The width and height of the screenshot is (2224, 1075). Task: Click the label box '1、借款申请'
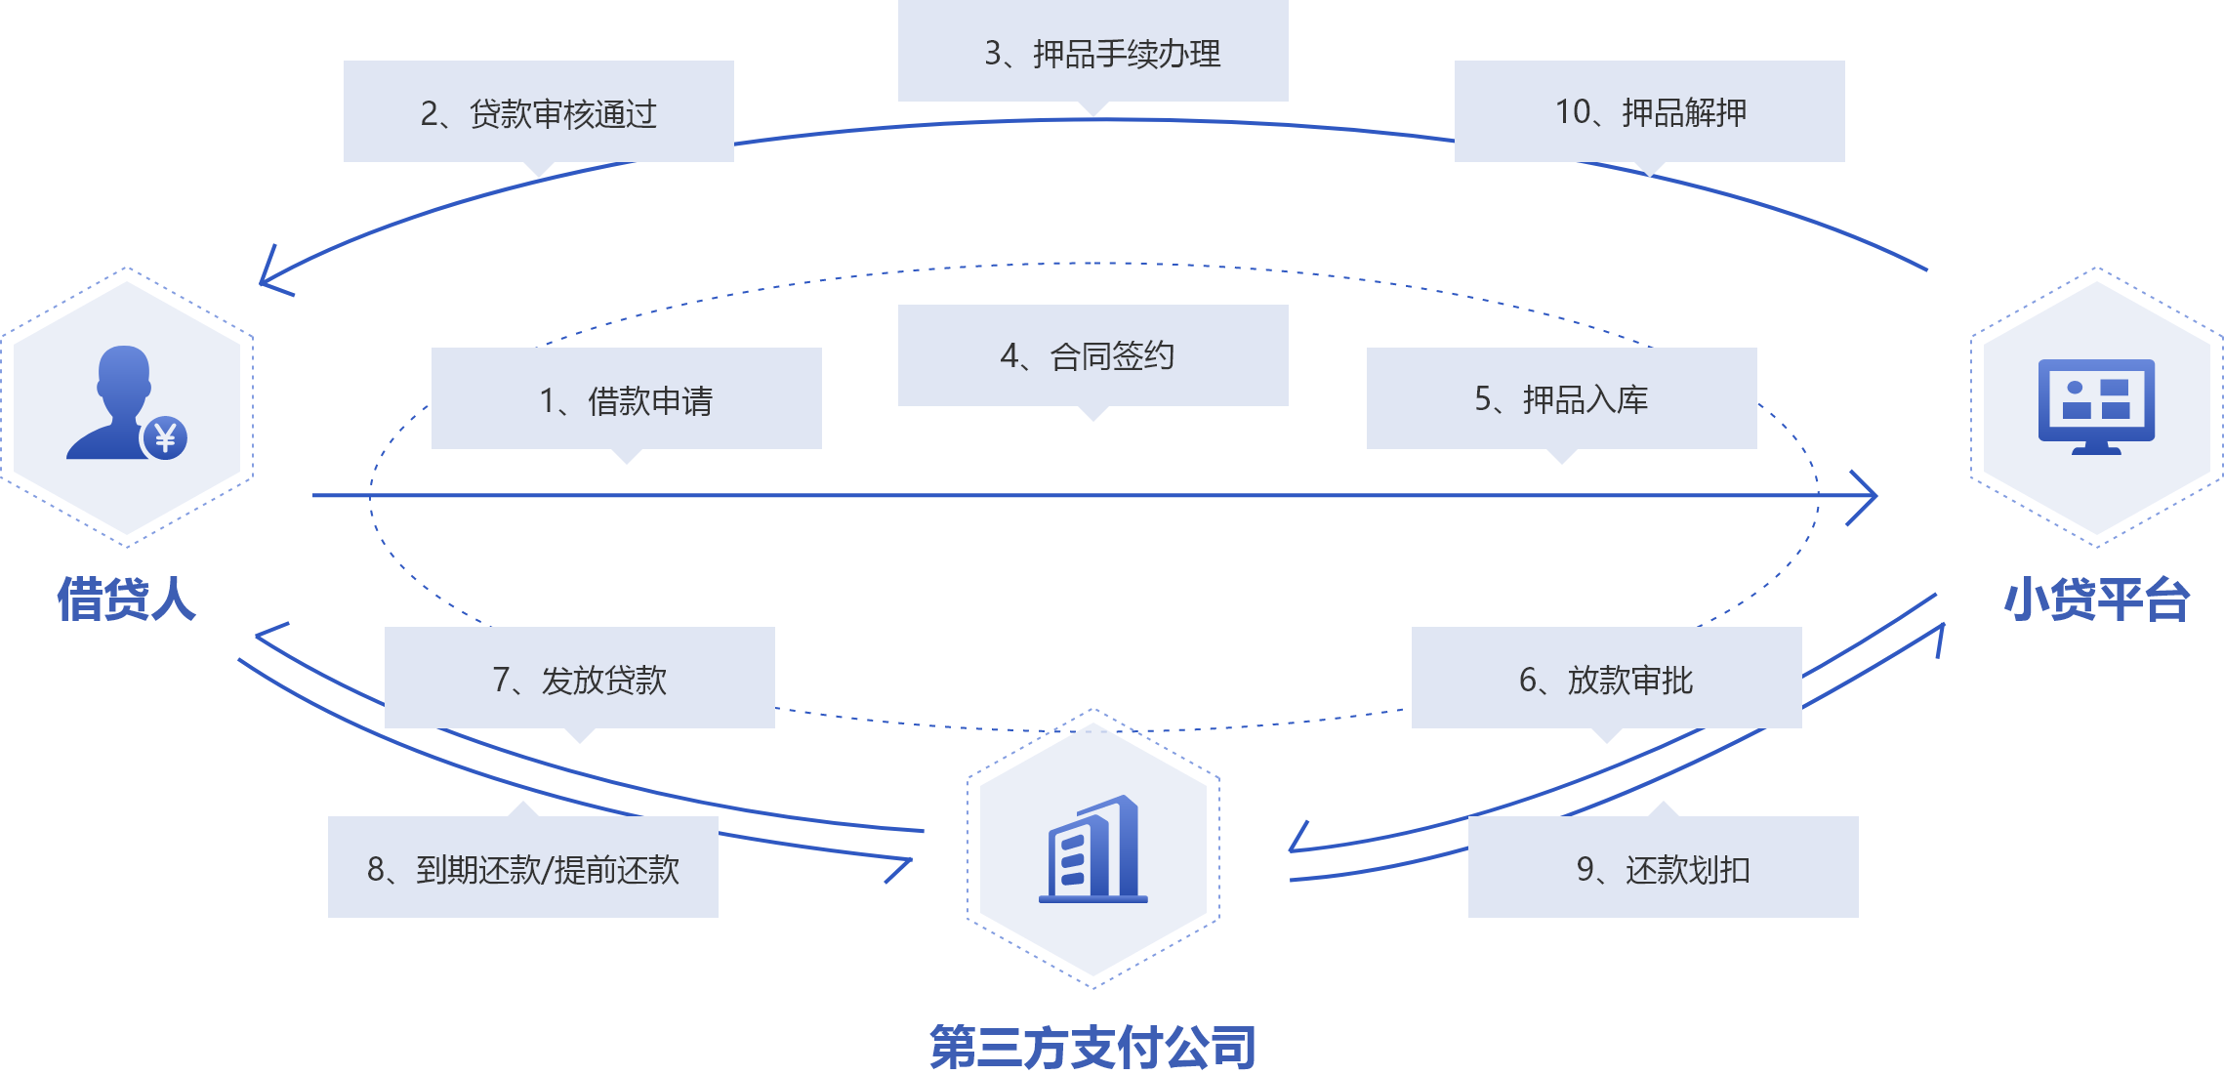pos(626,399)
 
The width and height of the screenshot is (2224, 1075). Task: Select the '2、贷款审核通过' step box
pos(538,112)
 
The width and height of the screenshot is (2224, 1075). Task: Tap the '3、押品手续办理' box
pos(1092,52)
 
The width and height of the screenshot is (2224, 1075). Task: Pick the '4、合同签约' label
pos(1092,355)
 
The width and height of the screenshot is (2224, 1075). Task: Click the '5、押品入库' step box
pos(1561,398)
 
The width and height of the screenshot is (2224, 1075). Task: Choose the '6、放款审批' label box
pos(1606,678)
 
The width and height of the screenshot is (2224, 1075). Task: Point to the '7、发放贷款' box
pos(579,678)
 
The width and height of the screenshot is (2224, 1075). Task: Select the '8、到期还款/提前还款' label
pos(522,867)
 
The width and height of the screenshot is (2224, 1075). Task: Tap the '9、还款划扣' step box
pos(1663,867)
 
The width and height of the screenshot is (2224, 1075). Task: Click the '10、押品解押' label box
pos(1649,111)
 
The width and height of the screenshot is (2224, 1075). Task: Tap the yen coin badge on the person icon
pos(165,437)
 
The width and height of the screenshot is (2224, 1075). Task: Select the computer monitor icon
pos(2096,404)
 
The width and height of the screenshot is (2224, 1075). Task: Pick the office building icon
pos(1093,848)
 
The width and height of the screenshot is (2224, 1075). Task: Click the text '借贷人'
pos(126,599)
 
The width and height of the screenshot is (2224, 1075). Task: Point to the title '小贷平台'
pos(2096,599)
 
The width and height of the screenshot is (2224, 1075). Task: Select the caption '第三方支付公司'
pos(1092,1047)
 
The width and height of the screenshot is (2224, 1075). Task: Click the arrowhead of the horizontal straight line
pos(1865,496)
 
